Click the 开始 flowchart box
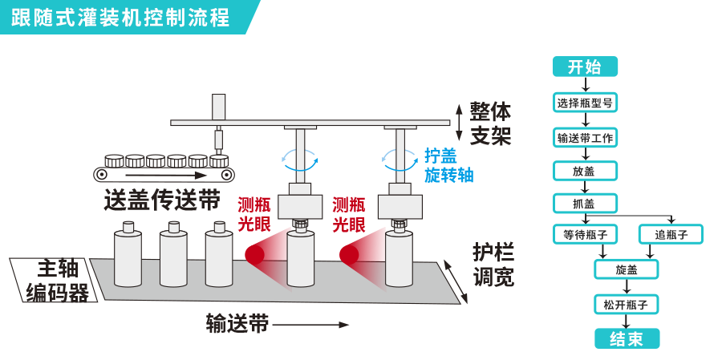click(585, 67)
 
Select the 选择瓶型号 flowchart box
click(585, 103)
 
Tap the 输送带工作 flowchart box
click(585, 137)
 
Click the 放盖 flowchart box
click(585, 171)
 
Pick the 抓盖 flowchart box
click(585, 203)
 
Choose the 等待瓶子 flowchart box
click(585, 234)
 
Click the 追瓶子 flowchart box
click(671, 234)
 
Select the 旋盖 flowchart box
click(627, 269)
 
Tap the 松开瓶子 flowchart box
click(627, 304)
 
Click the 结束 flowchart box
click(627, 338)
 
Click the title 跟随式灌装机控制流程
click(120, 17)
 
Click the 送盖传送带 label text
click(162, 199)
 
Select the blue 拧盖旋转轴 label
click(448, 166)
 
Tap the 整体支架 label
click(490, 123)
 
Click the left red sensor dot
click(254, 255)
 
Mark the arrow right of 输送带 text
click(311, 325)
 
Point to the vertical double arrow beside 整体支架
click(459, 123)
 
